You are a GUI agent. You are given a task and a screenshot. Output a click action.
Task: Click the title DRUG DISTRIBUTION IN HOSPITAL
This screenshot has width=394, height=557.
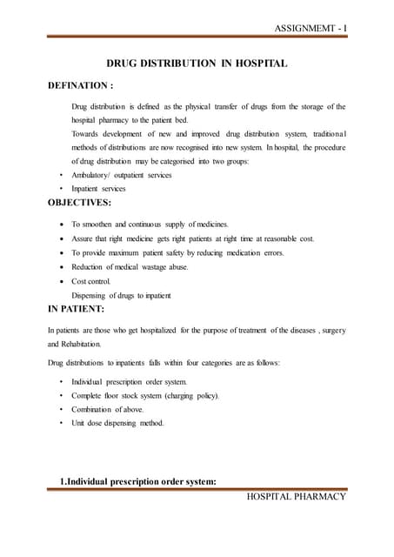point(196,64)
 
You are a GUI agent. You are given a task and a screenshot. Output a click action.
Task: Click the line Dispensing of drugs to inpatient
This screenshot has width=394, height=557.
point(122,296)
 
